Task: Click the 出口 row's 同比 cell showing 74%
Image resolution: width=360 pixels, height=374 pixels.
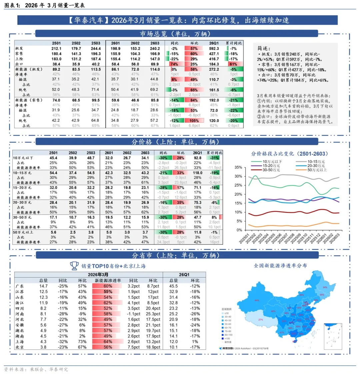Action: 173,64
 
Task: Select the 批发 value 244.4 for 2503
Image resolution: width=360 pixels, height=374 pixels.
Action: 96,48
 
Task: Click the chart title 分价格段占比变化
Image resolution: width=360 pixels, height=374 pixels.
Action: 289,153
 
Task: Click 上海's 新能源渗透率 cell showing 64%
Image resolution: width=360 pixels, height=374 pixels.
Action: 108,342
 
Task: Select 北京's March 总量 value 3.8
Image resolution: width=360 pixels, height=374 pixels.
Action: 44,347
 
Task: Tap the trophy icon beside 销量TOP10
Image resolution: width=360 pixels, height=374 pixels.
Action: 74,266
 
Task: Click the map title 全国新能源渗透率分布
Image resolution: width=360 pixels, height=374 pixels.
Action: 280,266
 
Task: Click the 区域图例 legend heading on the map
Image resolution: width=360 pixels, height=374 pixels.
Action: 227,309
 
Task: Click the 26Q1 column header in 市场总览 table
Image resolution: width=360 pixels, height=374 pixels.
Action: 214,43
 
